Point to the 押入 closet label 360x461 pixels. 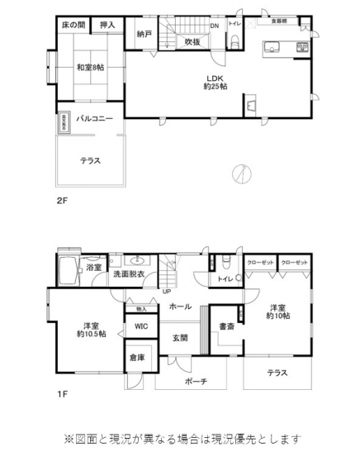coord(107,26)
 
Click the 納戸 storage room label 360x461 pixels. coord(144,35)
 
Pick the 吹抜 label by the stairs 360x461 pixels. coord(193,40)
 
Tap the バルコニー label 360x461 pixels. coord(94,119)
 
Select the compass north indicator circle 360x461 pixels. coord(239,173)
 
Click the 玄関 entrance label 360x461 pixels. coord(180,338)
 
